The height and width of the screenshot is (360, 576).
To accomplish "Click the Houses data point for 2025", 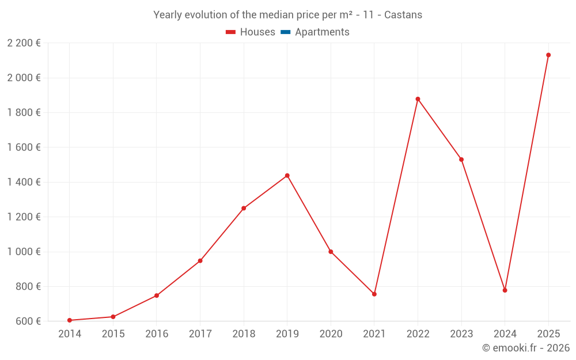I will (x=548, y=55).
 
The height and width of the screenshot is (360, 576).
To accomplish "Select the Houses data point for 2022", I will (x=418, y=99).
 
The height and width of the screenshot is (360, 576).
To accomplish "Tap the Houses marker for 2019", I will (x=287, y=176).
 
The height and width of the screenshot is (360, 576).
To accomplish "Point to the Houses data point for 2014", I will (x=70, y=320).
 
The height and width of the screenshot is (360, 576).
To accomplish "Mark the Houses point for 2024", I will (x=505, y=290).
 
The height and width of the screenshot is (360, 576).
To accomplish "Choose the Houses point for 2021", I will (x=374, y=294).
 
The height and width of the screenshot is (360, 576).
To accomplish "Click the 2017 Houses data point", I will (x=200, y=261).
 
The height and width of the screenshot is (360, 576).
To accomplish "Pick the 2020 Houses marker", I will (x=331, y=252).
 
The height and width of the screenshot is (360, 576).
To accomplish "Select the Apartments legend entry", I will (x=321, y=32).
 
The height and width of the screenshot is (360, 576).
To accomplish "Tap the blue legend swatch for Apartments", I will (x=285, y=32).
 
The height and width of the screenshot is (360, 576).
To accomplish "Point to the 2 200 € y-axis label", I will (x=24, y=43).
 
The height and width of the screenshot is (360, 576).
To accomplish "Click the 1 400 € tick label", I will (x=24, y=182).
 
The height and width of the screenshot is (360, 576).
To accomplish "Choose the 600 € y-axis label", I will (x=27, y=321).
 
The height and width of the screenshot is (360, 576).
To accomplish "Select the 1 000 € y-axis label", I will (x=24, y=252).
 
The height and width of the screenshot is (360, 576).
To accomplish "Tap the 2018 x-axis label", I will (x=244, y=334).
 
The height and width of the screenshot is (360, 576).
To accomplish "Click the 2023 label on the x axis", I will (x=461, y=334).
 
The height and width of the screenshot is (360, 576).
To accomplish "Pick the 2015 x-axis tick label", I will (x=113, y=334).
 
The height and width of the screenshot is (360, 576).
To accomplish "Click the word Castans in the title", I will (x=403, y=15).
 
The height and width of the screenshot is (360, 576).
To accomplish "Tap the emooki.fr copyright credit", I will (x=525, y=348).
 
